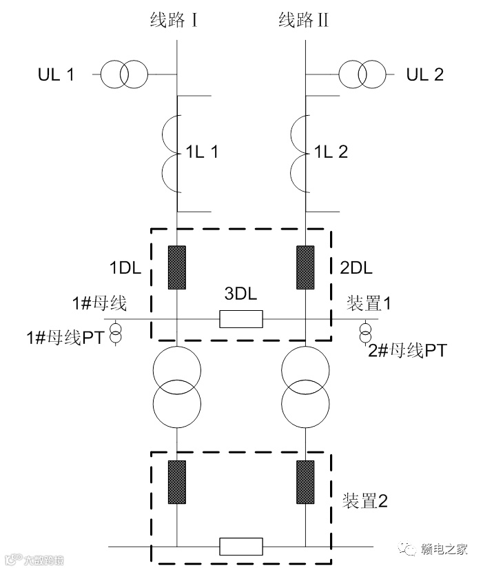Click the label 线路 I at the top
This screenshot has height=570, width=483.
(175, 20)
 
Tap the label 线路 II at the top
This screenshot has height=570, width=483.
(303, 20)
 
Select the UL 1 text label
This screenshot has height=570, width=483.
(56, 74)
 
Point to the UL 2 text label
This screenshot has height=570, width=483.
(425, 74)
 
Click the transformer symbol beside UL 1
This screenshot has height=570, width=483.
(124, 73)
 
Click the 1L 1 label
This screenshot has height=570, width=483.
(202, 152)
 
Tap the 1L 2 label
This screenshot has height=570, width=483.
(331, 152)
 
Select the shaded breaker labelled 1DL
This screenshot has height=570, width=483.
(178, 267)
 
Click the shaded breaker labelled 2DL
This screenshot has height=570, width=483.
(305, 267)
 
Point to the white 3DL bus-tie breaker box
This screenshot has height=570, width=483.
(241, 318)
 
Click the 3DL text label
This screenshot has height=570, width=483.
(241, 294)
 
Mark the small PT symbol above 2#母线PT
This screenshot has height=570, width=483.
(365, 330)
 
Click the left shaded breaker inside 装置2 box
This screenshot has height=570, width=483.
(178, 481)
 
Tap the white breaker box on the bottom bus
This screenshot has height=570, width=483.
(241, 547)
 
